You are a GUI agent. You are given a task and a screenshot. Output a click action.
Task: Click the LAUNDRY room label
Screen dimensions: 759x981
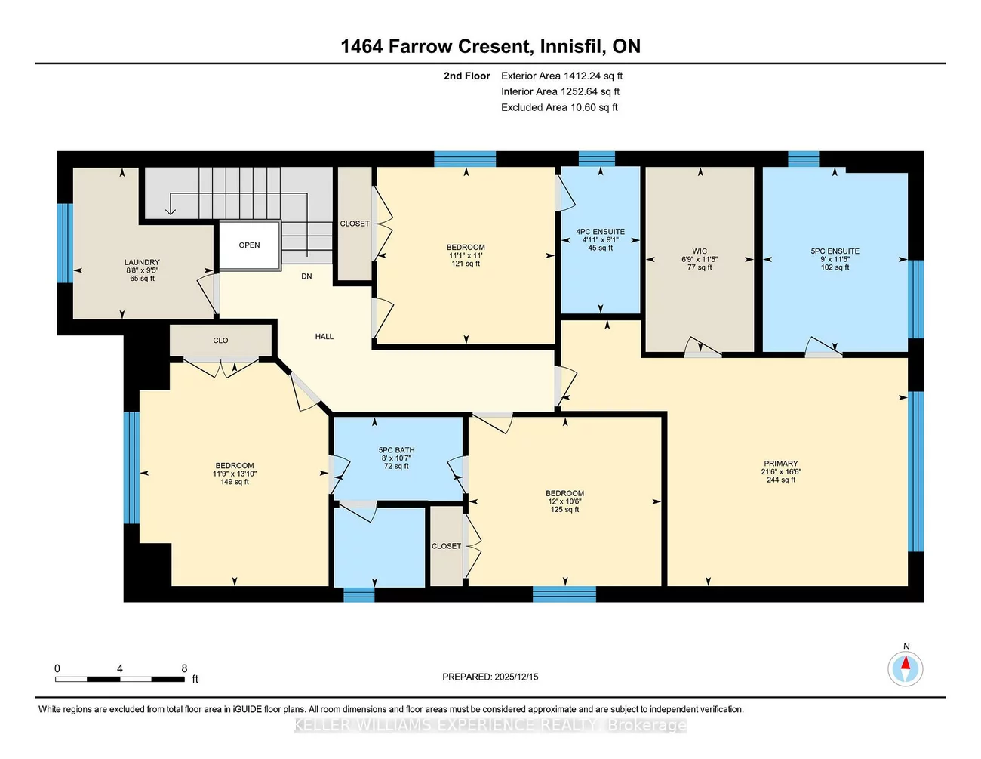coord(142,262)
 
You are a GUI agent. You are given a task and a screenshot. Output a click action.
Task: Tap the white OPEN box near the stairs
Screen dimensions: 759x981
coord(249,245)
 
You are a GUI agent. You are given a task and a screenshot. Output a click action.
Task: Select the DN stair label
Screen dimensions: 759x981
coord(306,276)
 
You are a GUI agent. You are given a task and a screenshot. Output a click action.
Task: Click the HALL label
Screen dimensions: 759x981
coord(324,337)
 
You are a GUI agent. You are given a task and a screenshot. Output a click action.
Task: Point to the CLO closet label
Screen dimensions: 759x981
coord(220,341)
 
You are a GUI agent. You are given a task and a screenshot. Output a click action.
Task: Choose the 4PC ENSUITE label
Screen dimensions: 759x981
coord(600,232)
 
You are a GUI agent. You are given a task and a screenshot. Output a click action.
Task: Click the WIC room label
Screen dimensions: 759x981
coord(700,251)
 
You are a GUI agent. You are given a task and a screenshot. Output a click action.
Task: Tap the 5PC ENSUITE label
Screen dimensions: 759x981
coord(835,251)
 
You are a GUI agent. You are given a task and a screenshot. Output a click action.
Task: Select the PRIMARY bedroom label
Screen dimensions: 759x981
coord(780,464)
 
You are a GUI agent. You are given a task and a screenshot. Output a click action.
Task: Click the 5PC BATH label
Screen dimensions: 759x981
coord(396,450)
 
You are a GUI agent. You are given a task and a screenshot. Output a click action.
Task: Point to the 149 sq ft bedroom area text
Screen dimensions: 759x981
coord(235,482)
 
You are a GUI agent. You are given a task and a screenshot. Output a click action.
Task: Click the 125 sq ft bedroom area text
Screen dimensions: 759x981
coord(564,510)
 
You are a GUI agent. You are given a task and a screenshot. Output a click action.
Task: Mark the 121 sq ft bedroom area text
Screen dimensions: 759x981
coord(466,264)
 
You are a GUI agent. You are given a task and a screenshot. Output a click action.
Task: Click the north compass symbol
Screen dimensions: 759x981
coord(905,668)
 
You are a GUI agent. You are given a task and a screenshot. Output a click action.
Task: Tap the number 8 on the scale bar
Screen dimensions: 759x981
coord(184,668)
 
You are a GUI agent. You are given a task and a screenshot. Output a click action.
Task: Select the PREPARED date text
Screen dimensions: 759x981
coord(490,677)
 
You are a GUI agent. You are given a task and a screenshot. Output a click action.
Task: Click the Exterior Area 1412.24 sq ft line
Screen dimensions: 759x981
coord(561,76)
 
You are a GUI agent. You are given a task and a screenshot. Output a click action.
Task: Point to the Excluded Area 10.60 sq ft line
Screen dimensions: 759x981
coord(559,107)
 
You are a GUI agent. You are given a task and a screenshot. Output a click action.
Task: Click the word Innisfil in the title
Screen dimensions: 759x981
coord(571,46)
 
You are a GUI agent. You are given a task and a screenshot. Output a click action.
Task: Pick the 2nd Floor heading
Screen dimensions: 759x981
coord(466,76)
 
